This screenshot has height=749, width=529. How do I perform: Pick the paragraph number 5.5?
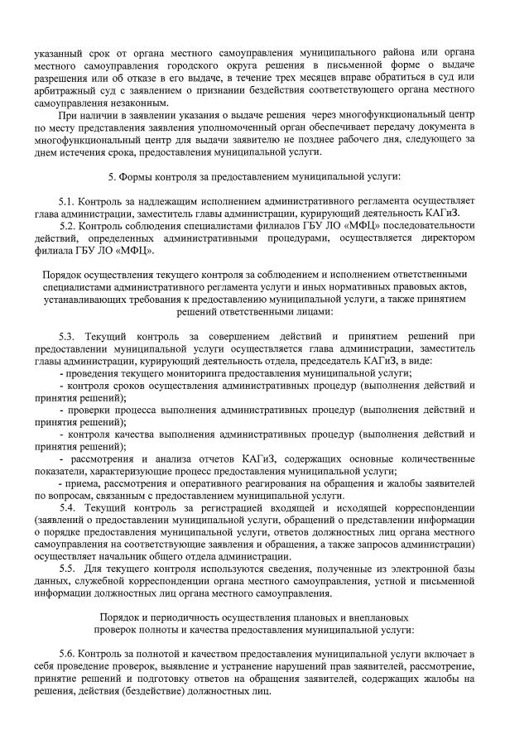tap(68, 569)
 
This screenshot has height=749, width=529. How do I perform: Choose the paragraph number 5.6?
tap(68, 655)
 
